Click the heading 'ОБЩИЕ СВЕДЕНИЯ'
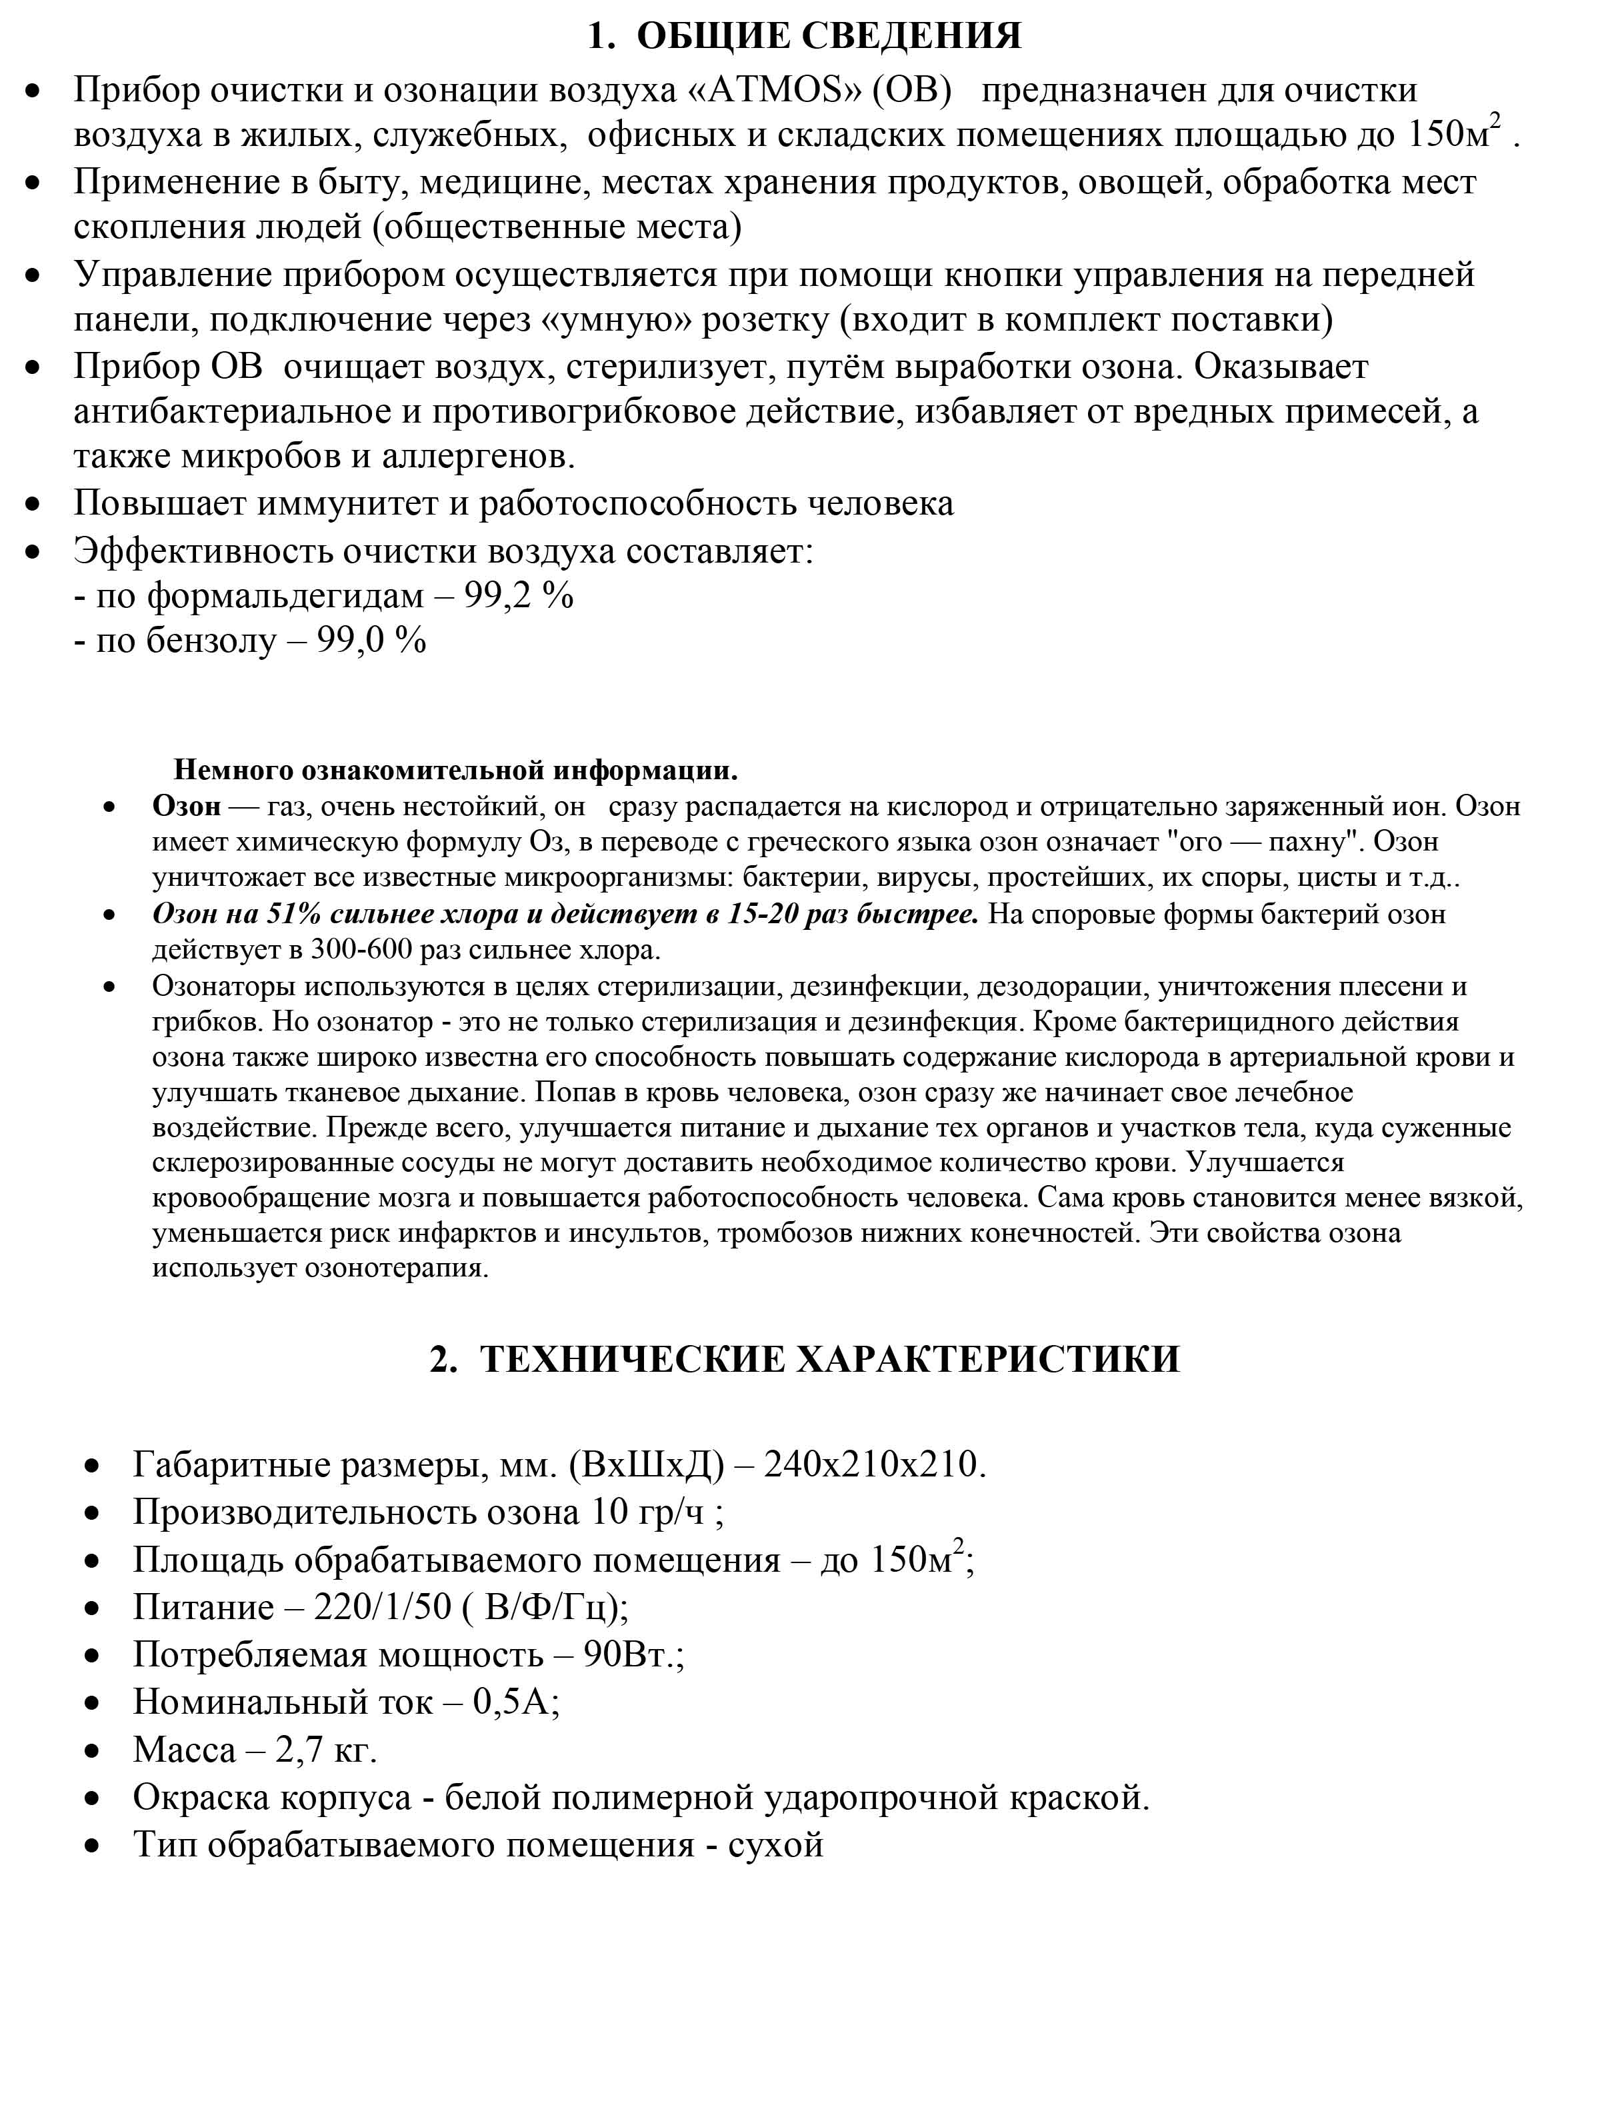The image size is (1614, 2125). (x=828, y=37)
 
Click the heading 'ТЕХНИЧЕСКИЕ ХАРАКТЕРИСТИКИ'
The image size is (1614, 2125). (x=828, y=1359)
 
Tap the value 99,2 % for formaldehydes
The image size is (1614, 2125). (x=519, y=596)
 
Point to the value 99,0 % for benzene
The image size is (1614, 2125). (x=371, y=640)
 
